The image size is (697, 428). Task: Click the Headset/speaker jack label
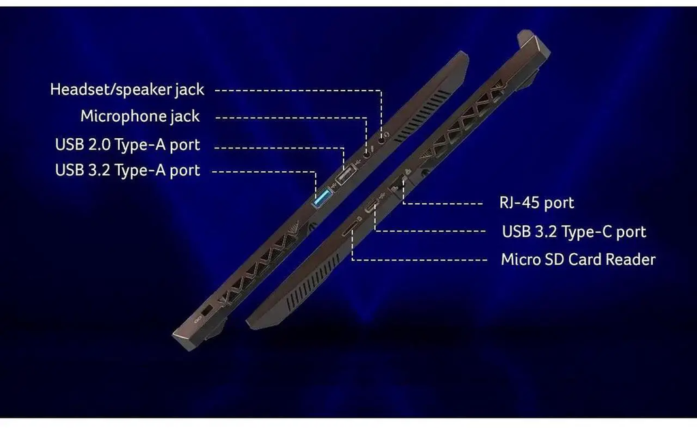tap(127, 90)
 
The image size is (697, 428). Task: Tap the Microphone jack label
tap(140, 116)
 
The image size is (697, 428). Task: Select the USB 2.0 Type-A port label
tap(127, 145)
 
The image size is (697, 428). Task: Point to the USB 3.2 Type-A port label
tap(127, 170)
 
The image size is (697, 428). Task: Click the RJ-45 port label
tap(536, 203)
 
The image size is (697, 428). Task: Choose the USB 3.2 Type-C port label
tap(574, 231)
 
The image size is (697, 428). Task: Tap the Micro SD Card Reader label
tap(578, 259)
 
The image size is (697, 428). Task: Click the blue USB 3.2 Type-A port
tap(322, 197)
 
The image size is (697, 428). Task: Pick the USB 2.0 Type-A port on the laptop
tap(346, 175)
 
